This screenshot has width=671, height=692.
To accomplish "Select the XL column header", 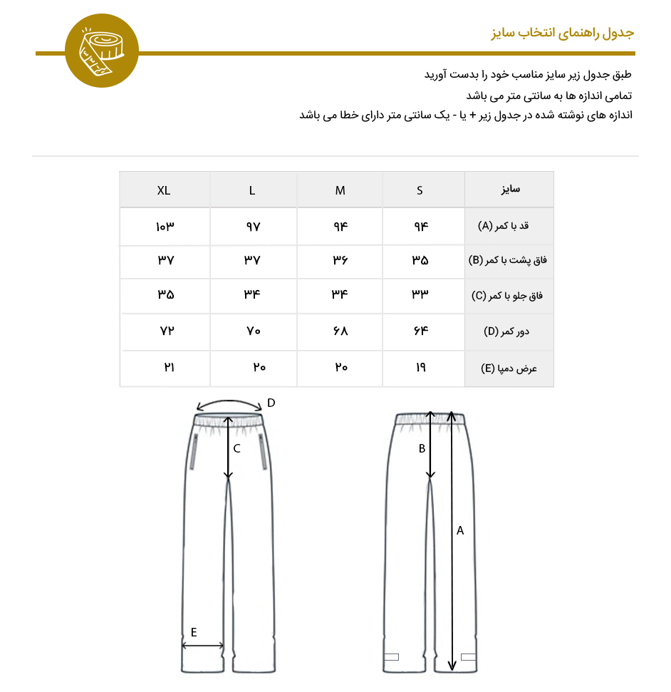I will (x=164, y=190).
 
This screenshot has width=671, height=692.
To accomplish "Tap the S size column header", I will (x=420, y=190).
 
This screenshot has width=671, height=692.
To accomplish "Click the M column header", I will (x=340, y=190).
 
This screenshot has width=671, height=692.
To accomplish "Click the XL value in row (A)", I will (x=165, y=227).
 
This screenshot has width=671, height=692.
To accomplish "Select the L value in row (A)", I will (x=254, y=227).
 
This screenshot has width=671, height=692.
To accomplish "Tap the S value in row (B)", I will (x=420, y=261).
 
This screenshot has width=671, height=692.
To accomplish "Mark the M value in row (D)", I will (x=340, y=331).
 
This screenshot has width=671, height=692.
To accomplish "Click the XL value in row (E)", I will (x=169, y=367).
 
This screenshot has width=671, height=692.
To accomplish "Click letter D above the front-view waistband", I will (x=271, y=403).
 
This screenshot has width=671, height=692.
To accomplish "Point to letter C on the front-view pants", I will (x=236, y=448).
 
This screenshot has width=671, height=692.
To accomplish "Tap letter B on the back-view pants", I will (x=422, y=448).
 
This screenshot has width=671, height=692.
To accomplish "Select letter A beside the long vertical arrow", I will (x=460, y=530).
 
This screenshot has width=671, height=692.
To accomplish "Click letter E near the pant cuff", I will (x=194, y=632).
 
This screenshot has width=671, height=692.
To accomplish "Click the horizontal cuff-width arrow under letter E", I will (x=203, y=646).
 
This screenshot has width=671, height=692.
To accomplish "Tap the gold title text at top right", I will (x=563, y=33).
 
